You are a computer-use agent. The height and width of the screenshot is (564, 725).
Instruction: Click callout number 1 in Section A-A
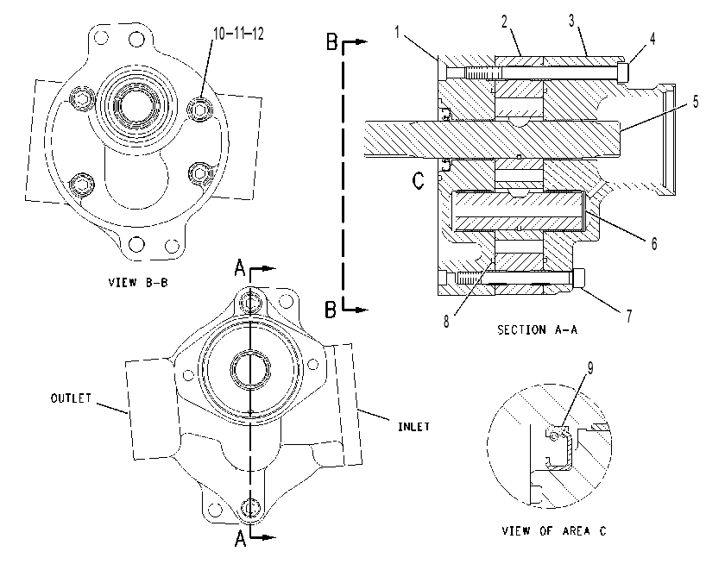point(397,32)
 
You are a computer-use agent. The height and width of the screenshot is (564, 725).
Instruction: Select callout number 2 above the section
point(504,21)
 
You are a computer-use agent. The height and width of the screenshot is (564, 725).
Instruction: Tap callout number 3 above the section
point(572,21)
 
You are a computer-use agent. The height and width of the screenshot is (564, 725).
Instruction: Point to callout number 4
point(652,39)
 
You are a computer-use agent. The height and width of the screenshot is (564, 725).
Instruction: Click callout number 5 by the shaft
point(696,102)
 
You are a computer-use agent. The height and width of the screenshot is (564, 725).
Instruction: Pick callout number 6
point(654,243)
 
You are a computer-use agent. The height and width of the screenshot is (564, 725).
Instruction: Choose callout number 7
point(629,316)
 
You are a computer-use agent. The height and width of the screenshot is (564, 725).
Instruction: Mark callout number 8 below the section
point(446,322)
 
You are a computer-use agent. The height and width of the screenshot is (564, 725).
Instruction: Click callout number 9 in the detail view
point(590,368)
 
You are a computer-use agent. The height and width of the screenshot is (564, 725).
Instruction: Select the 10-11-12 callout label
point(238,34)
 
